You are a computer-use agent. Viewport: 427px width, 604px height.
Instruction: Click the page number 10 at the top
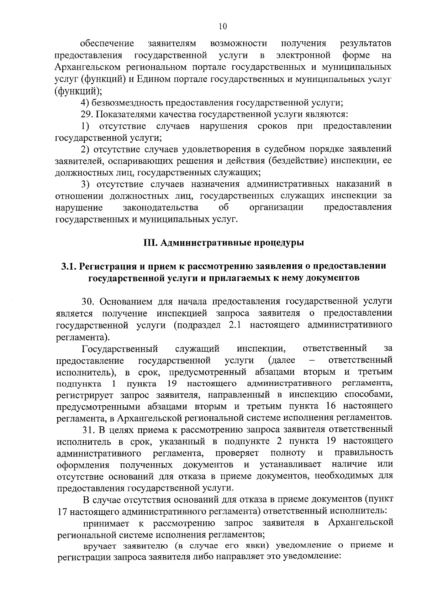[x=223, y=26]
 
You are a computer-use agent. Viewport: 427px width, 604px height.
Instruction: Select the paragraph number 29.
[x=87, y=115]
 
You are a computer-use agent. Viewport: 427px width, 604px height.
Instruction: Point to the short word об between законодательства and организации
[x=222, y=208]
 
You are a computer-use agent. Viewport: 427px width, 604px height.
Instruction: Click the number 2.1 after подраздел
[x=231, y=325]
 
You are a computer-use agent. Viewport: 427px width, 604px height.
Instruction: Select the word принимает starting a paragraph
[x=105, y=523]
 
